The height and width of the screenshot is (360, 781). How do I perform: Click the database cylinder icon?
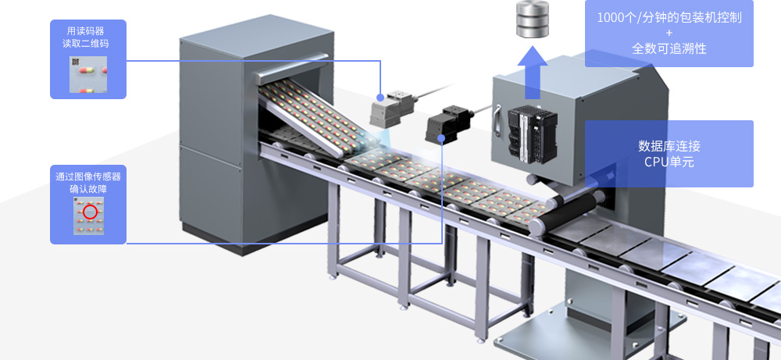(532, 20)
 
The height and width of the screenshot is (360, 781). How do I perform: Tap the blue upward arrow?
(532, 73)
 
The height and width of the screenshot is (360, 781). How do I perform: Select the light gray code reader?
(393, 108)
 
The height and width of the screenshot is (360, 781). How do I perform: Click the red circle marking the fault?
(90, 212)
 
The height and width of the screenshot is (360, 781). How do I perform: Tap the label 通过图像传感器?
(88, 176)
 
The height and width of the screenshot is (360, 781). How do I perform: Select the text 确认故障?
(88, 190)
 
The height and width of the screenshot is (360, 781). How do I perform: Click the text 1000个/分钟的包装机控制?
(669, 17)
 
